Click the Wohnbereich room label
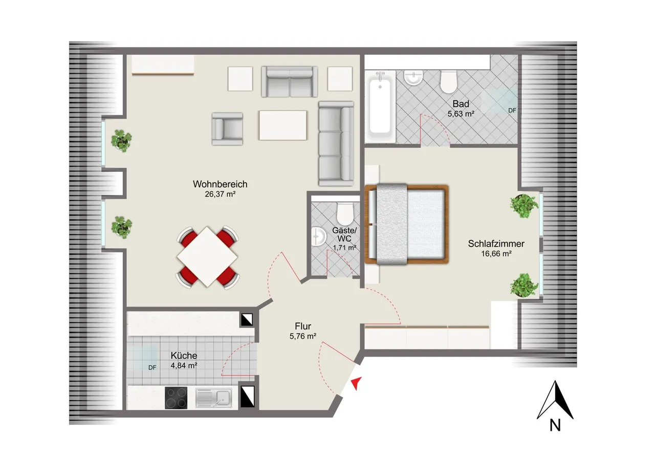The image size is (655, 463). [x=220, y=184]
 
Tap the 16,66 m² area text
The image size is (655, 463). [x=496, y=254]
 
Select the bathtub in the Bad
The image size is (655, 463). [x=380, y=106]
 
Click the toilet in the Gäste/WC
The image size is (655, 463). [x=345, y=214]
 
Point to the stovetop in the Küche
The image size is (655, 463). [x=176, y=398]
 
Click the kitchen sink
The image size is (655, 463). [x=214, y=398]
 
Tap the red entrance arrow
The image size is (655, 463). [x=357, y=383]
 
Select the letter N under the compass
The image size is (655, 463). [x=555, y=426]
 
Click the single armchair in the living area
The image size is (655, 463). [x=227, y=129]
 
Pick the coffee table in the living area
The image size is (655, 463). [x=283, y=125]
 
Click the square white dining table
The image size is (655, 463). [x=207, y=257]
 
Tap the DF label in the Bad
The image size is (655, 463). [x=512, y=111]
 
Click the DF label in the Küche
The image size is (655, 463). [x=152, y=368]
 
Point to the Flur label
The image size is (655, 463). [x=303, y=326]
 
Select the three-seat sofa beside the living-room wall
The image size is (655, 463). [x=336, y=144]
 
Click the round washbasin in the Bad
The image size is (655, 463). [x=413, y=78]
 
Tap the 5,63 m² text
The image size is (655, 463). [x=461, y=114]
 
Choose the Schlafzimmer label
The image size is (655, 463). [x=496, y=244]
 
